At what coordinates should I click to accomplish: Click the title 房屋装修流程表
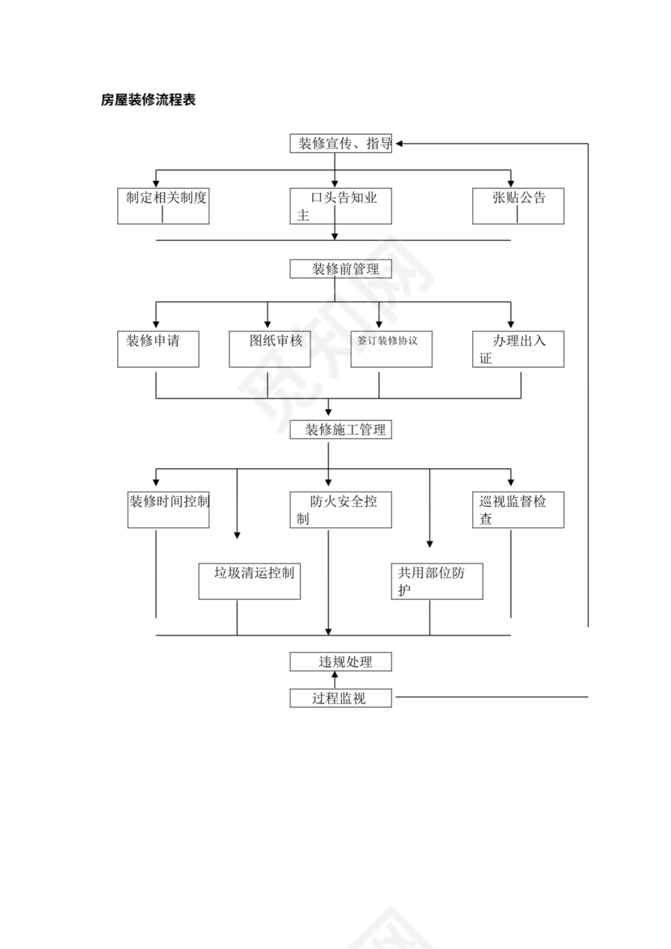pyautogui.click(x=148, y=100)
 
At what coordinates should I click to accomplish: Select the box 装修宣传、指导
pyautogui.click(x=341, y=144)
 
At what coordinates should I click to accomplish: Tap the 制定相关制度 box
pyautogui.click(x=163, y=206)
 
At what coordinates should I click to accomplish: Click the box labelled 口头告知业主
pyautogui.click(x=341, y=206)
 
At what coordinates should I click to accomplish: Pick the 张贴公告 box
pyautogui.click(x=518, y=206)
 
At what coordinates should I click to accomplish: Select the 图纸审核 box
pyautogui.click(x=268, y=349)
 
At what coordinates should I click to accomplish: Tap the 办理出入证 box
pyautogui.click(x=518, y=349)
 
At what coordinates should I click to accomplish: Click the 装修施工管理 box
pyautogui.click(x=341, y=430)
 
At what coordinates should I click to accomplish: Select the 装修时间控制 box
pyautogui.click(x=168, y=509)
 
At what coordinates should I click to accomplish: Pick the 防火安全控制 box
pyautogui.click(x=341, y=509)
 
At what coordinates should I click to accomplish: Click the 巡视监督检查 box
pyautogui.click(x=518, y=509)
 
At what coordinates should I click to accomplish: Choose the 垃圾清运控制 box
pyautogui.click(x=250, y=580)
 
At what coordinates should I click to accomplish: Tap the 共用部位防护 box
pyautogui.click(x=437, y=580)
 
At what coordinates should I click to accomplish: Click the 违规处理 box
pyautogui.click(x=341, y=662)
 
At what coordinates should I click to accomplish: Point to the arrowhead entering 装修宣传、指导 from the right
pyautogui.click(x=399, y=144)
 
